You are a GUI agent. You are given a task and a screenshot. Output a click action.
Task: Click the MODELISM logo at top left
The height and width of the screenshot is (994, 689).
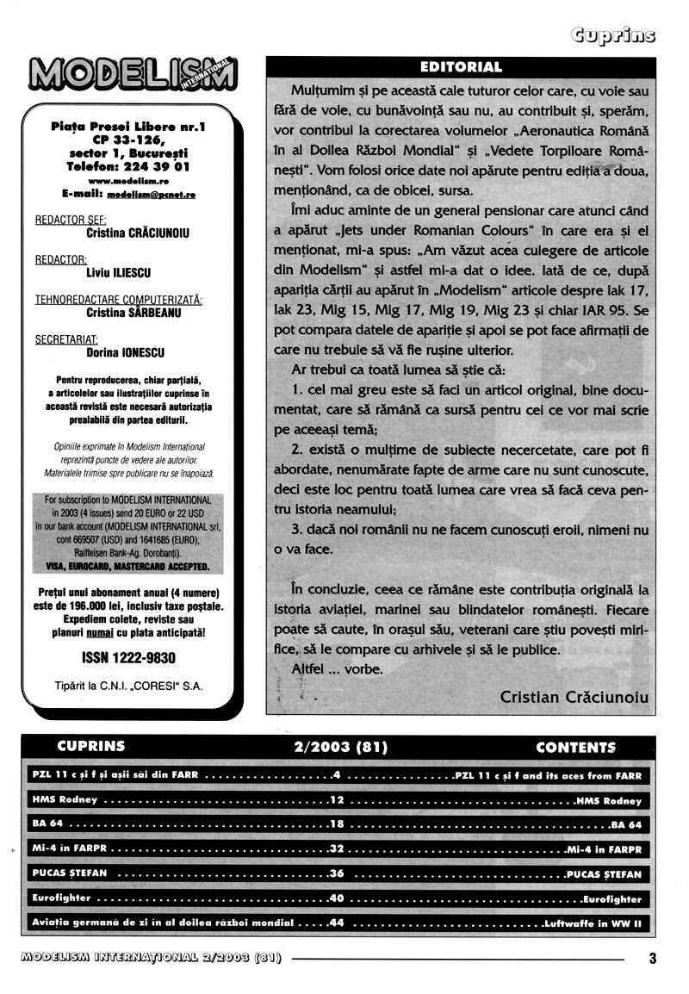click(133, 74)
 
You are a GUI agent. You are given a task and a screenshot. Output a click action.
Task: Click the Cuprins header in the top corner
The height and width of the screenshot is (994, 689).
click(612, 34)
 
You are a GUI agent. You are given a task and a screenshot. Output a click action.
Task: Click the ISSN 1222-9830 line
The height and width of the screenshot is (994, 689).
click(128, 658)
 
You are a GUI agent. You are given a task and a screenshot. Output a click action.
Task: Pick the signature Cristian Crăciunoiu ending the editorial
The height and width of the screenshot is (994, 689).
click(574, 698)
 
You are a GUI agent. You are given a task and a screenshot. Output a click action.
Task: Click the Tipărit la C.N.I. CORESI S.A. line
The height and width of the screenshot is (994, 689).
click(129, 686)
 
